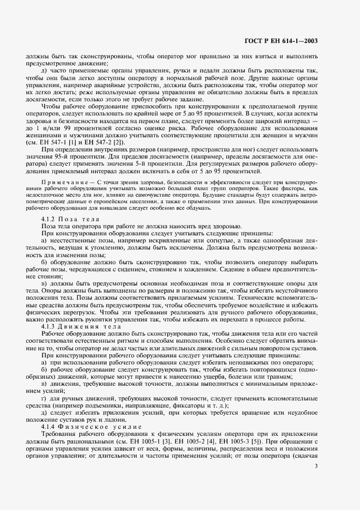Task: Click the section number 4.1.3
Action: [x=57, y=326]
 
